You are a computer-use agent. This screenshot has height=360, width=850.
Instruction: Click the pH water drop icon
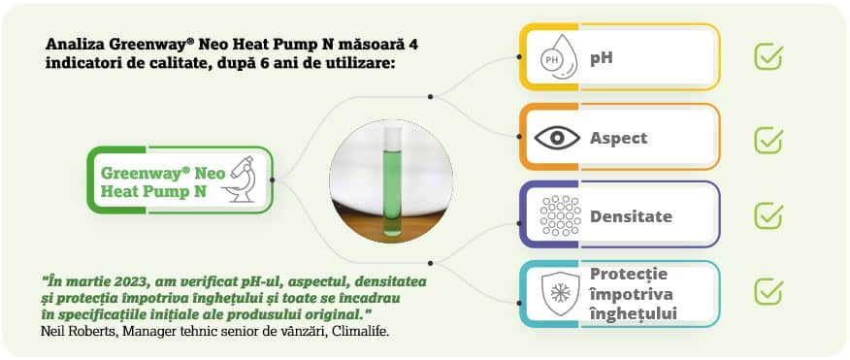[x=557, y=57]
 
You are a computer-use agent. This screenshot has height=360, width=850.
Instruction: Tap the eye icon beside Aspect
[x=557, y=138]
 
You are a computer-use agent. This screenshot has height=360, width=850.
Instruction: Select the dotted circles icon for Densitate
[x=560, y=215]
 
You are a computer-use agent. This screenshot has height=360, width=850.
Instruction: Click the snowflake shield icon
[x=560, y=294]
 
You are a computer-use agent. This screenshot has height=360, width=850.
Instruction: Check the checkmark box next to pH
[x=768, y=57]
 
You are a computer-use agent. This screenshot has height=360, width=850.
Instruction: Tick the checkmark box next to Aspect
[x=768, y=141]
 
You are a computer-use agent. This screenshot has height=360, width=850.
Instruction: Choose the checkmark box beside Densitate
[x=768, y=215]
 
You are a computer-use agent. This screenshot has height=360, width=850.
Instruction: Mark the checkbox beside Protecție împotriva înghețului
[x=768, y=292]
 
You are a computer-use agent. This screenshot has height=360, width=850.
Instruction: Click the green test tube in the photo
[x=391, y=181]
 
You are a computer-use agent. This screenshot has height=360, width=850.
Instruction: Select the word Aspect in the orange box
[x=618, y=138]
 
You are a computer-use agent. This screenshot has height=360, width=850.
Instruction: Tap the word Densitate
[x=631, y=216]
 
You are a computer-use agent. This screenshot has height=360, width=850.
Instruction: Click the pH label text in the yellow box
[x=602, y=58]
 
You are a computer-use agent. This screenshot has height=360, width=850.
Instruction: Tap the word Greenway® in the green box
[x=146, y=173]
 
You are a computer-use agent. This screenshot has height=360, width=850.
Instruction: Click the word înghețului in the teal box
[x=634, y=314]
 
